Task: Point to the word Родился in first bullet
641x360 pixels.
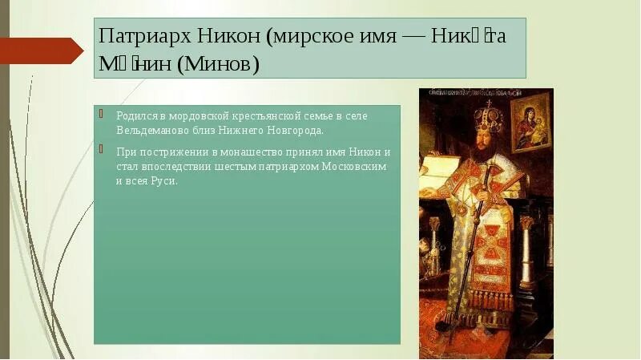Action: [132, 116]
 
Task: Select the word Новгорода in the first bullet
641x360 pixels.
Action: [300, 130]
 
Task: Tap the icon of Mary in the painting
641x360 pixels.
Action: [531, 121]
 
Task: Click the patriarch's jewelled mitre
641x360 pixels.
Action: [487, 119]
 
